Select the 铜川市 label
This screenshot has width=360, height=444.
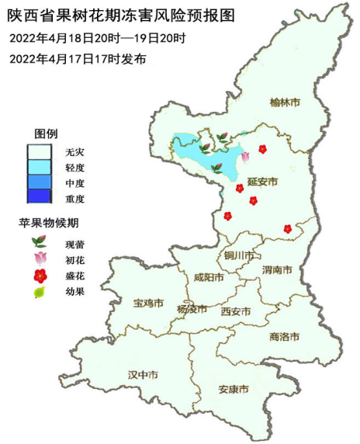click(x=238, y=255)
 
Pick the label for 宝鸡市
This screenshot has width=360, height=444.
click(x=148, y=302)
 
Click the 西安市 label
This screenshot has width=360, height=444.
click(x=235, y=311)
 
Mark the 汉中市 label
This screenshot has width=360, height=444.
click(x=143, y=375)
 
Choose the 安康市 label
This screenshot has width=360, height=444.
click(x=234, y=389)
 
